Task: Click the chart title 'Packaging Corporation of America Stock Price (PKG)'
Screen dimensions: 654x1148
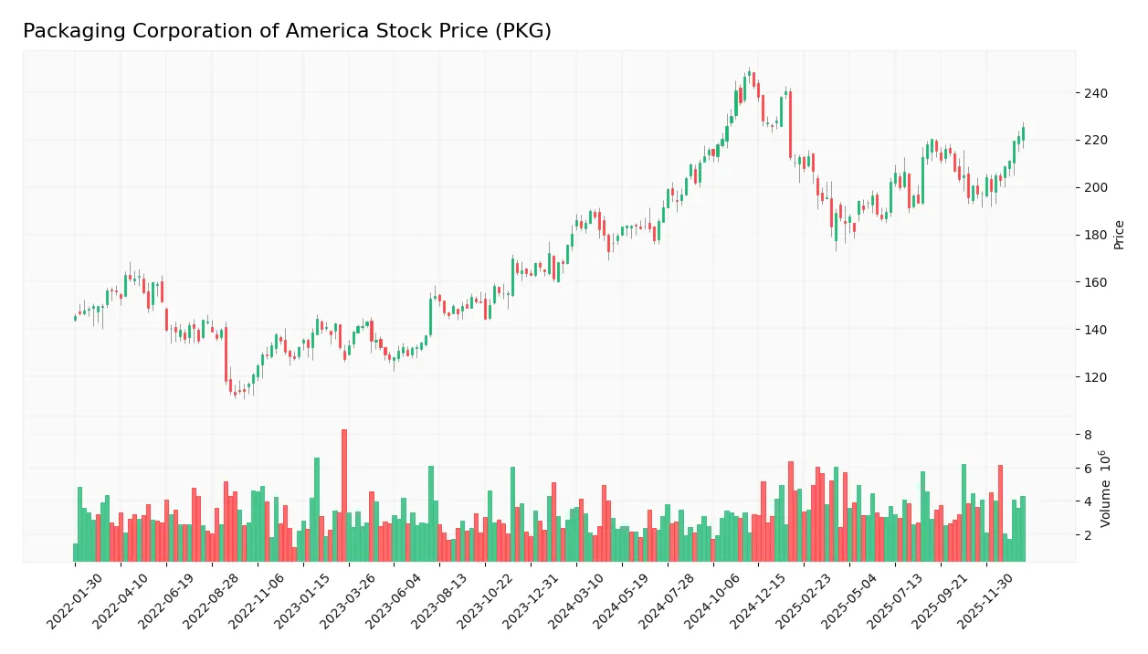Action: (287, 31)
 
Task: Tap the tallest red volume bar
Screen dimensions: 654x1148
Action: (344, 494)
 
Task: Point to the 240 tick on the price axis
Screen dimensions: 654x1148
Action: (1095, 93)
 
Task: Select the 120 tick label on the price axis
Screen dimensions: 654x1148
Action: (1095, 377)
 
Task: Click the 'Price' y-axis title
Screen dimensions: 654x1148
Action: (1119, 235)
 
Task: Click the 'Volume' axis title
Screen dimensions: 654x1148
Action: (1106, 489)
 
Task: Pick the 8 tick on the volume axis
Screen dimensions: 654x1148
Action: (1088, 435)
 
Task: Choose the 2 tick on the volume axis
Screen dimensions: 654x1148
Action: (1088, 535)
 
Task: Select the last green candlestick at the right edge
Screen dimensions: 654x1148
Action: (1023, 133)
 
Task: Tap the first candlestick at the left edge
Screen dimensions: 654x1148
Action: (75, 318)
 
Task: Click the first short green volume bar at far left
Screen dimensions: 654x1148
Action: (75, 552)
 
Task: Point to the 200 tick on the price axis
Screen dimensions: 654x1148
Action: (1095, 187)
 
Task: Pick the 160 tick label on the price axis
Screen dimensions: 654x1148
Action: (1095, 282)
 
